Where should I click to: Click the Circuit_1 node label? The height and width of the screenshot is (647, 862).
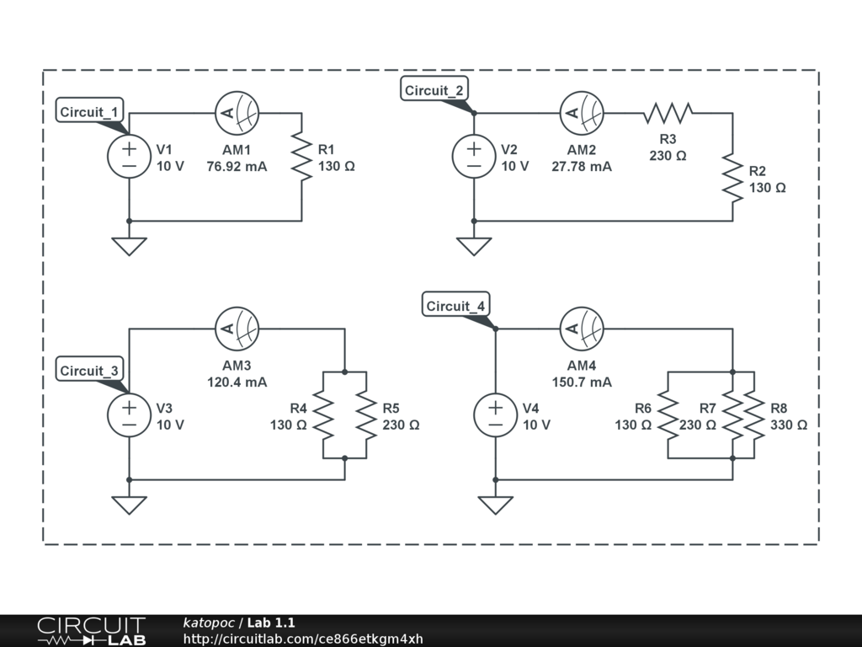(x=90, y=111)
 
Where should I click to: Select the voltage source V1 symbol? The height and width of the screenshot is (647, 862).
(x=130, y=157)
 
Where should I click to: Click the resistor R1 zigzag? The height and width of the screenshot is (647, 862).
(x=301, y=157)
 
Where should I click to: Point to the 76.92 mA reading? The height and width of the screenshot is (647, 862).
(x=237, y=167)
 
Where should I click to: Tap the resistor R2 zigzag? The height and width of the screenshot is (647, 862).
(x=733, y=178)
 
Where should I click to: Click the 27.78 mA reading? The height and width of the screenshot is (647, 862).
(x=583, y=167)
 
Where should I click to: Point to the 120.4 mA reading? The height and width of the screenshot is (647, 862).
(x=237, y=382)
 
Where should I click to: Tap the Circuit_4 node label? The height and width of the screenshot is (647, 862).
(x=456, y=306)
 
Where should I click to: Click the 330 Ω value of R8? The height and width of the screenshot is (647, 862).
(x=789, y=425)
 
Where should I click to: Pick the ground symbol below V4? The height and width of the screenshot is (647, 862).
(x=496, y=505)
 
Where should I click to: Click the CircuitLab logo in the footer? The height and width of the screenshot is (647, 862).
(x=91, y=630)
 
